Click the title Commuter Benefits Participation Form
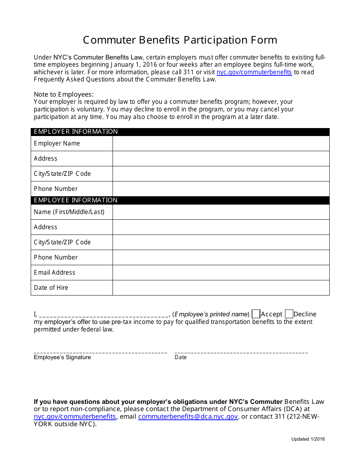click(x=180, y=40)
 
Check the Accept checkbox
click(x=256, y=314)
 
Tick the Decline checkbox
click(x=289, y=314)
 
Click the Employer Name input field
click(x=221, y=143)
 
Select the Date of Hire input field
click(x=221, y=288)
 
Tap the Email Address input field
click(x=221, y=272)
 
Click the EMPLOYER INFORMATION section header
click(x=76, y=132)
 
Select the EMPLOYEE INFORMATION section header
click(x=76, y=200)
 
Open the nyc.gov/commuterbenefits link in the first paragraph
click(x=254, y=72)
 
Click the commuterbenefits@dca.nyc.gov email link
click(x=188, y=416)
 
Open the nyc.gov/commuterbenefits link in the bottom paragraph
click(x=75, y=416)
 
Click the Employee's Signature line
click(x=100, y=352)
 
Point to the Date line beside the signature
click(x=241, y=352)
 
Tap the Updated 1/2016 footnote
click(x=308, y=439)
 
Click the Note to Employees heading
click(x=64, y=94)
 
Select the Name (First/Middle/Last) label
click(x=69, y=212)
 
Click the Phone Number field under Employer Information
click(x=221, y=189)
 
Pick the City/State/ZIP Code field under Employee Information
click(x=221, y=242)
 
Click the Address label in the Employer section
click(x=45, y=158)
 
